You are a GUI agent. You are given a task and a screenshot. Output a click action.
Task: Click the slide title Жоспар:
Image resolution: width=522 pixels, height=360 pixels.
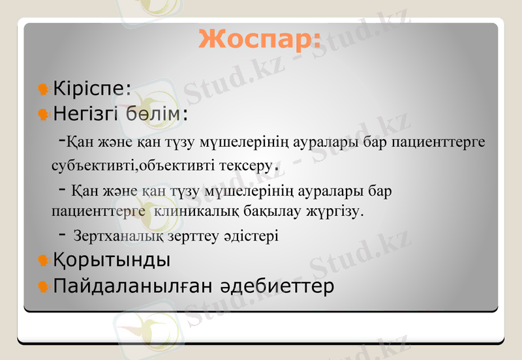260,39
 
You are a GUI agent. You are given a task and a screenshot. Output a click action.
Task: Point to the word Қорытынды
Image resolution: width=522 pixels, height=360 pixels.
112,260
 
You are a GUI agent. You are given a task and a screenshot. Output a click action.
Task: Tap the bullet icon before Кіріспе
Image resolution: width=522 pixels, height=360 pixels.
44,87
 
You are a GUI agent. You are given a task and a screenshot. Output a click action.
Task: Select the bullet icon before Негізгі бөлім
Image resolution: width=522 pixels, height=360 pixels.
44,115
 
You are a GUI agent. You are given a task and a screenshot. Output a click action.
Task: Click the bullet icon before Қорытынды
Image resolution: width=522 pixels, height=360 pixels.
44,260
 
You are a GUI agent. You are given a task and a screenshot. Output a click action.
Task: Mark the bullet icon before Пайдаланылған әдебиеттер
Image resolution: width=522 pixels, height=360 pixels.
44,286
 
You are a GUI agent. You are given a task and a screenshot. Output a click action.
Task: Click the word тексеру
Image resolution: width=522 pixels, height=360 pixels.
249,164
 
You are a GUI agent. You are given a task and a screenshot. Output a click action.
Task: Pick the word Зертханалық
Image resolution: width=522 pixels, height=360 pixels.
115,235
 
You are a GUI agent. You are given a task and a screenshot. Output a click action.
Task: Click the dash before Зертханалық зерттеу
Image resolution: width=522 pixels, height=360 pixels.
62,233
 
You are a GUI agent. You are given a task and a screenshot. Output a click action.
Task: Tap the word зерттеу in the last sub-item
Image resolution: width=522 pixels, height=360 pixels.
191,235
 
